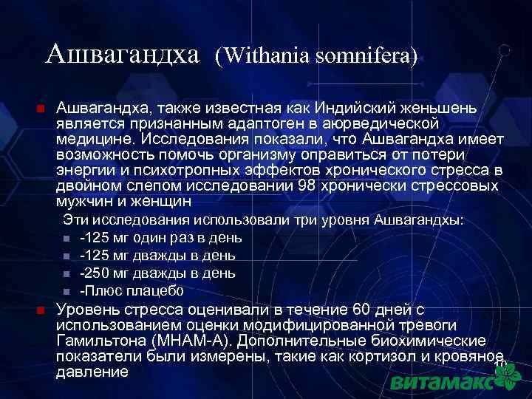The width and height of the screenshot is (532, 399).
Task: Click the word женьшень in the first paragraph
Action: click(x=436, y=109)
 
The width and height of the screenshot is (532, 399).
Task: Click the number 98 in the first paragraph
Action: click(x=306, y=185)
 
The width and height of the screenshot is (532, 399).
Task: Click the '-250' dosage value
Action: click(x=95, y=273)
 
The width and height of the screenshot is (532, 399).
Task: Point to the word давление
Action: click(x=92, y=372)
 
